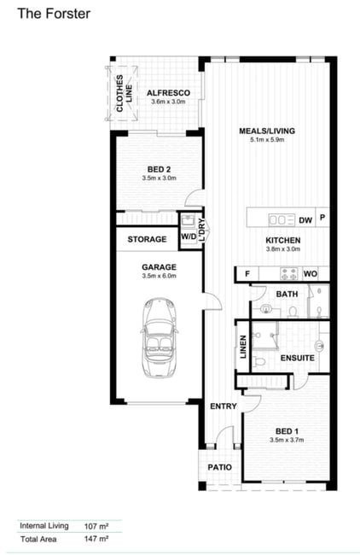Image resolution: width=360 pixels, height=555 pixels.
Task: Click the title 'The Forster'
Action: pos(54,14)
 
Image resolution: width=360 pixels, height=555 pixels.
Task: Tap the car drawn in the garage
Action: pos(160,337)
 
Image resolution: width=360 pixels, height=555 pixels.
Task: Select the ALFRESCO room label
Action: pos(168,93)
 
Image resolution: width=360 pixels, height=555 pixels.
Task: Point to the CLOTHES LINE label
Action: pos(124,93)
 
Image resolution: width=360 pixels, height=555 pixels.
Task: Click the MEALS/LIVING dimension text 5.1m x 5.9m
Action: pos(267,140)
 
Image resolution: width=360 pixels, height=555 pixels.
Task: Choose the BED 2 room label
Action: pos(160,169)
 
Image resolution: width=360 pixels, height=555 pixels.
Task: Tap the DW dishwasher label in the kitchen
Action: pos(305,220)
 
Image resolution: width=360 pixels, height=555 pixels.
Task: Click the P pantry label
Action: pos(322,217)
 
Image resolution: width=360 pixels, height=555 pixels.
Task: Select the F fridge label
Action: pos(247,273)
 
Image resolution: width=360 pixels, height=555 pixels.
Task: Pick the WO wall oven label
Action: pos(311,273)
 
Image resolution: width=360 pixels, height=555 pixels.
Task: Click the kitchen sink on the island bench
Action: pos(282,220)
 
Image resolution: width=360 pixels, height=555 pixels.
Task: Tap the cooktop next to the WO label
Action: pos(289,273)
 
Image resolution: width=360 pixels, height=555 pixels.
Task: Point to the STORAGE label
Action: pos(147,239)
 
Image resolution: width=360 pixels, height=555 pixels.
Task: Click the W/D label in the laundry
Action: pos(189,237)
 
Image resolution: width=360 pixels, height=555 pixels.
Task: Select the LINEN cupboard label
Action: pos(243,348)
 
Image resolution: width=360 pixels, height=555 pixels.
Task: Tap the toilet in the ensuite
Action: pos(260,362)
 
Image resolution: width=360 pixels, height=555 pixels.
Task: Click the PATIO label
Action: pos(219,468)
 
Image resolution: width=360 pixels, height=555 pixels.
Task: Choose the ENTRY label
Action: pos(224,406)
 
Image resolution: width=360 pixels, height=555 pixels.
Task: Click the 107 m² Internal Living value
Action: pos(96,526)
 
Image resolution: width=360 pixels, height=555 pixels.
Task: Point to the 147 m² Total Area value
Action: pos(96,539)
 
